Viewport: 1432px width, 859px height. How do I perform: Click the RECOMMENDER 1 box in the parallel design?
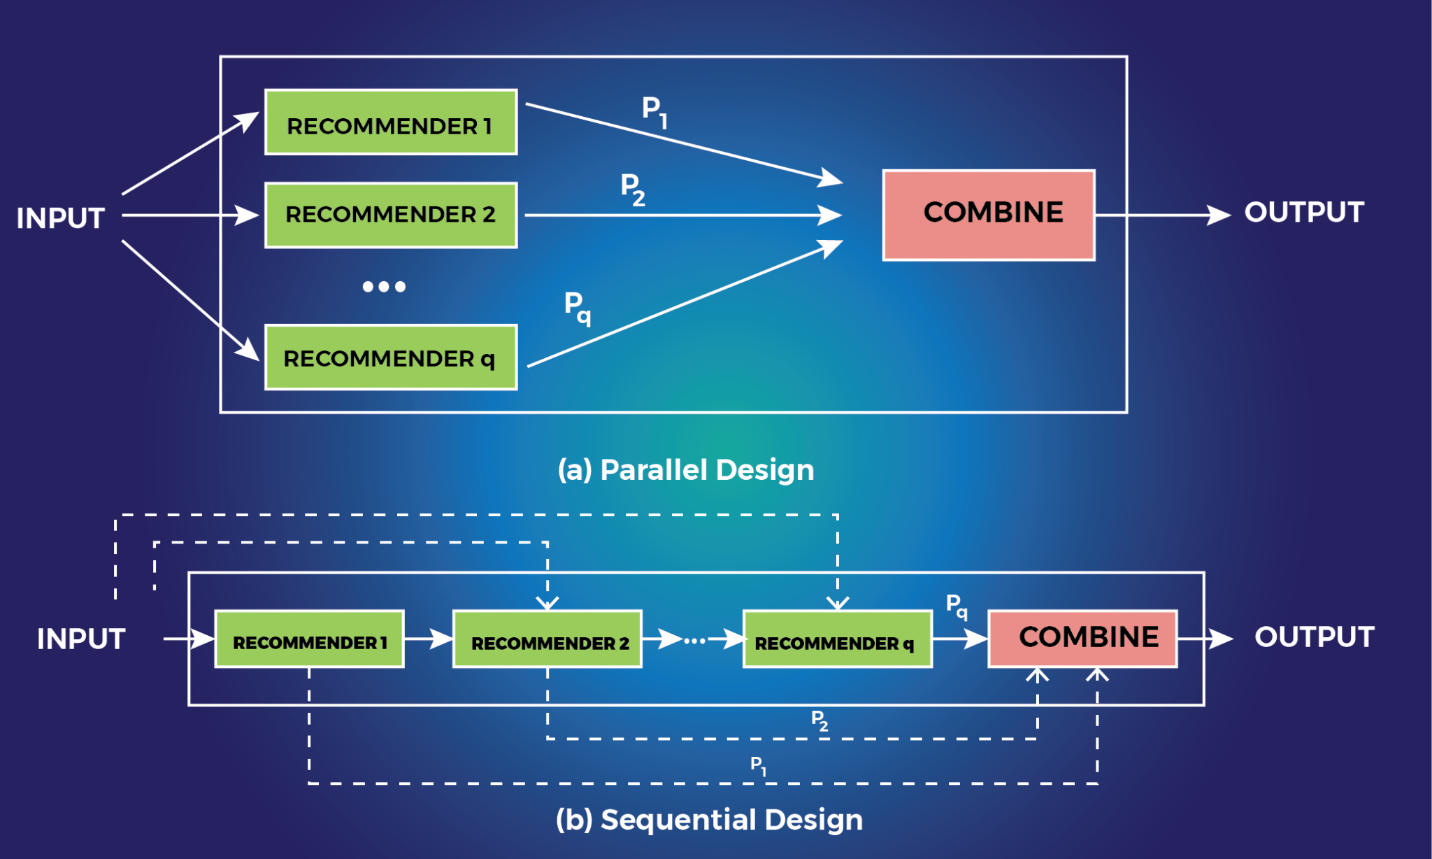[390, 122]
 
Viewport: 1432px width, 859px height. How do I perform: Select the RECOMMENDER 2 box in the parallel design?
[390, 215]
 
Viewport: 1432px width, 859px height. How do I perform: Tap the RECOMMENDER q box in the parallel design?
[390, 357]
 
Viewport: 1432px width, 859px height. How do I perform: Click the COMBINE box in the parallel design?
[989, 215]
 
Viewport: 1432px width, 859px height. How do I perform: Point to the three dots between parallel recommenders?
[384, 287]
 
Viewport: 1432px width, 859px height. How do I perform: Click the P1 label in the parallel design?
[654, 111]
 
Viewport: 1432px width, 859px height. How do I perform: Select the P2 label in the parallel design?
[633, 189]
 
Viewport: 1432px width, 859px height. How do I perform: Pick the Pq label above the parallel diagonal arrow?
[577, 307]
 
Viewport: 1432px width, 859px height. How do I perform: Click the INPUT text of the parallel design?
[61, 218]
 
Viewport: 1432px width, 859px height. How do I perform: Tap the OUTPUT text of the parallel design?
[1304, 213]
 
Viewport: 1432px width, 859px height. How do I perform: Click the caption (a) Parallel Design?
[686, 470]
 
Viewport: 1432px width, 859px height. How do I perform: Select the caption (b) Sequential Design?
[709, 819]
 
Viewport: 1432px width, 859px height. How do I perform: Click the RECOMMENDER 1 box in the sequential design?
[309, 639]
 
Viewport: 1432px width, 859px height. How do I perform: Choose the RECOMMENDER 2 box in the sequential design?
[547, 639]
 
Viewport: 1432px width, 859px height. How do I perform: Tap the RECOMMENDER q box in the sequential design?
[837, 639]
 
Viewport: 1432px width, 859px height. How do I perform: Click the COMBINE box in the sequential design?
[1082, 638]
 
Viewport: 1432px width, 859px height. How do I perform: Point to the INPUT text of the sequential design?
[81, 639]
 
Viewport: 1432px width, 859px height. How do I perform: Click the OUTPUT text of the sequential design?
[1314, 637]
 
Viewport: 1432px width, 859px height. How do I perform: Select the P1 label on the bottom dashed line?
[758, 765]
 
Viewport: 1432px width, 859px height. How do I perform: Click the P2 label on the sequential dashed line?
[819, 720]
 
